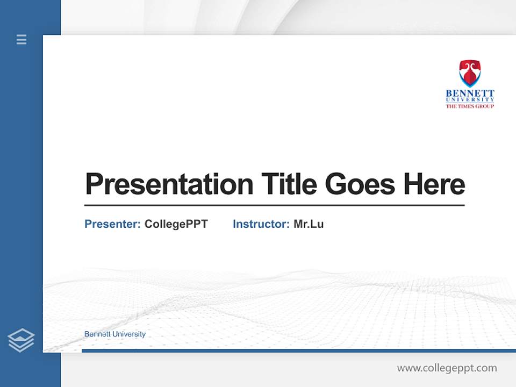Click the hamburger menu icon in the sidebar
pos(21,39)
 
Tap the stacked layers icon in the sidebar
pos(21,340)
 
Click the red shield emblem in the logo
pos(470,74)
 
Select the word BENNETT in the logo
pos(470,94)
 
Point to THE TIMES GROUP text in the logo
pos(470,106)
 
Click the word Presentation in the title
pos(169,184)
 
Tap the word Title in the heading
pos(289,184)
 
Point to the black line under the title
pos(274,205)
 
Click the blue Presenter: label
pos(112,224)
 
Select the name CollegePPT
pos(176,224)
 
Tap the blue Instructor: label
pos(261,224)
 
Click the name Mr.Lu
pos(309,224)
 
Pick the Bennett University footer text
pos(115,334)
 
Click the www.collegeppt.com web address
pos(447,368)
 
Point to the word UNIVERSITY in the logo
pos(470,100)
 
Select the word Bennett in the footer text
pos(97,334)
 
